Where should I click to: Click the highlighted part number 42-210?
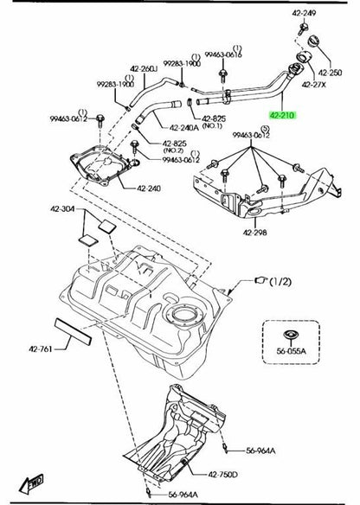(x=282, y=115)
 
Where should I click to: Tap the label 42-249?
(x=304, y=13)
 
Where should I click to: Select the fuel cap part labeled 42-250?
(x=314, y=42)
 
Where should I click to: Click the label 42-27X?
(x=313, y=85)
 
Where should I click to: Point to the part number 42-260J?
(x=144, y=69)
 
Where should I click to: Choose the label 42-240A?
(x=184, y=127)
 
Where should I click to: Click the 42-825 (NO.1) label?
(x=214, y=122)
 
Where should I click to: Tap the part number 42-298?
(x=255, y=232)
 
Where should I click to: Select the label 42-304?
(x=62, y=209)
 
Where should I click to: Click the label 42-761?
(x=41, y=348)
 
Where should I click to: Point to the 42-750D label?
(x=222, y=474)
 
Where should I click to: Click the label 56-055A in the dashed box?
(x=292, y=351)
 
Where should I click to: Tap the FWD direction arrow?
(x=31, y=483)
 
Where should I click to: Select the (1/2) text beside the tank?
(x=280, y=282)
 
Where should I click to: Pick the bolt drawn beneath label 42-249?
(x=302, y=29)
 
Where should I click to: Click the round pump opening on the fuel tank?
(x=183, y=314)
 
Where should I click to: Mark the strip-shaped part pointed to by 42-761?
(x=74, y=331)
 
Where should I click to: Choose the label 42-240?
(x=149, y=189)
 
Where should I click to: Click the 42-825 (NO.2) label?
(x=174, y=146)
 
